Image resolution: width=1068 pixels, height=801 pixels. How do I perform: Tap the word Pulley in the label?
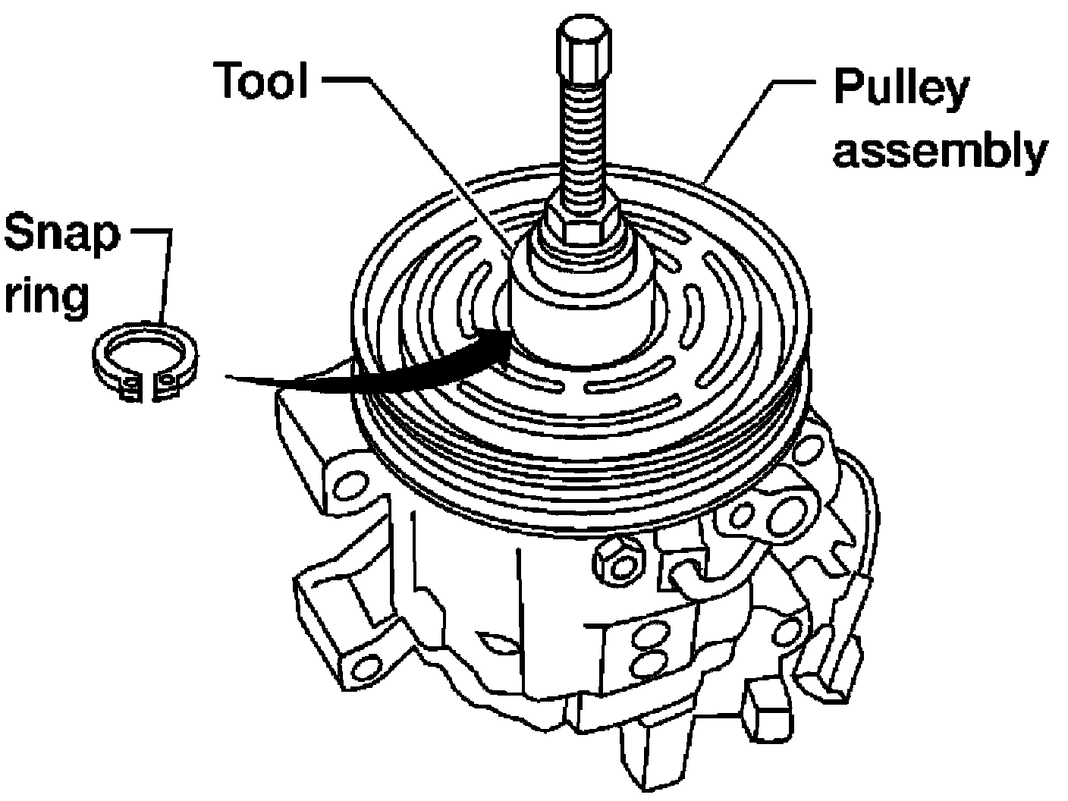click(x=900, y=86)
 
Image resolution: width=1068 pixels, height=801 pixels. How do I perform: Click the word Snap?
click(x=61, y=235)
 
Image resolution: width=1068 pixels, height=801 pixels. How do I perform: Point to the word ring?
click(x=47, y=297)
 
